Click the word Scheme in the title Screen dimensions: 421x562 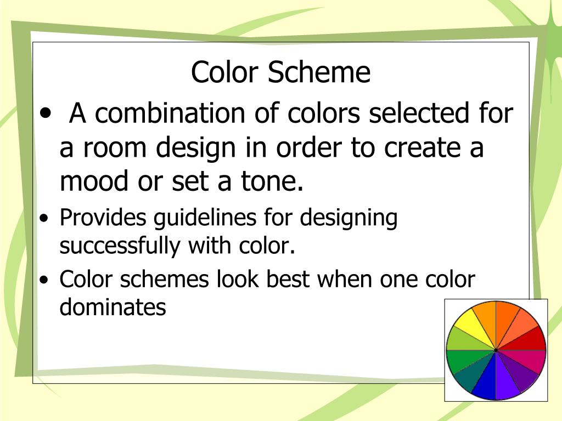[x=319, y=72]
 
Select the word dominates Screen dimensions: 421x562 [x=113, y=307]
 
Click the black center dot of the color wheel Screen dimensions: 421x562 [x=496, y=349]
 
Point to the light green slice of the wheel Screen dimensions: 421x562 [x=459, y=339]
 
